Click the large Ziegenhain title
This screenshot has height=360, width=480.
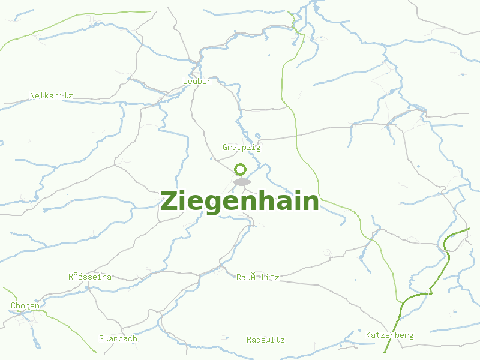pyautogui.click(x=239, y=201)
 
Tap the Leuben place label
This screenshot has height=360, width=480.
pyautogui.click(x=197, y=81)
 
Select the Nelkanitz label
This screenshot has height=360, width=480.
pyautogui.click(x=52, y=95)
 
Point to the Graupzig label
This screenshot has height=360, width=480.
pyautogui.click(x=242, y=147)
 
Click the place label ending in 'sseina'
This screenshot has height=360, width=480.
pyautogui.click(x=89, y=277)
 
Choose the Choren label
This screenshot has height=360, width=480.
pyautogui.click(x=25, y=305)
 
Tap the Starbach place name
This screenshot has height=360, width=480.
pyautogui.click(x=118, y=338)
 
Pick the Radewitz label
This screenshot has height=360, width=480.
pyautogui.click(x=266, y=340)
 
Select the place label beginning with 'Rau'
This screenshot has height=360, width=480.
pyautogui.click(x=257, y=277)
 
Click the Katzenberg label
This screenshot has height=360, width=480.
pyautogui.click(x=390, y=335)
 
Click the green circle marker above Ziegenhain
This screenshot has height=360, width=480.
pyautogui.click(x=241, y=169)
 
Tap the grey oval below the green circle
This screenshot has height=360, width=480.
pyautogui.click(x=242, y=182)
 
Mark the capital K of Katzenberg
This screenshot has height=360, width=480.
pyautogui.click(x=368, y=335)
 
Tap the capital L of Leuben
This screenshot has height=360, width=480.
pyautogui.click(x=185, y=81)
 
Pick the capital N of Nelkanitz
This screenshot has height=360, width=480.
pyautogui.click(x=32, y=95)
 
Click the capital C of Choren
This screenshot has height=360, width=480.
pyautogui.click(x=13, y=305)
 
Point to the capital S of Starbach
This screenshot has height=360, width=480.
pyautogui.click(x=101, y=338)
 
